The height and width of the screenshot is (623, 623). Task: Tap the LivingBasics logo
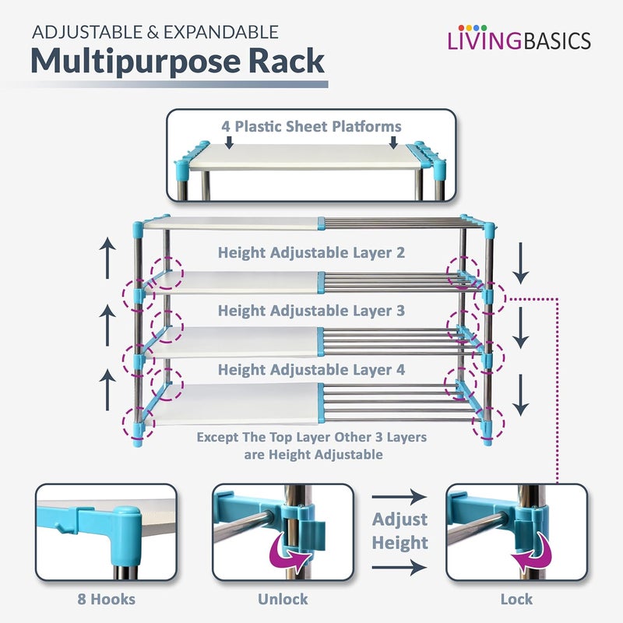tap(519, 38)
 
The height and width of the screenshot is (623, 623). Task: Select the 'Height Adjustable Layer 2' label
tap(311, 252)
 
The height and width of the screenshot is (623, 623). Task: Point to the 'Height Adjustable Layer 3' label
tap(311, 311)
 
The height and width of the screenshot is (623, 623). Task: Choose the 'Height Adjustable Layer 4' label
tap(311, 370)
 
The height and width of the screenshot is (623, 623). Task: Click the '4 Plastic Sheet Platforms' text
tap(311, 126)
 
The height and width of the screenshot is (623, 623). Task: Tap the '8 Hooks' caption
tap(107, 599)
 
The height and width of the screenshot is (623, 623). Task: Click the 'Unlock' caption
tap(283, 599)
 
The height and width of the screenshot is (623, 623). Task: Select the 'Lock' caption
tap(516, 599)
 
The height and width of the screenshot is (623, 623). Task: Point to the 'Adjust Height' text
tap(400, 531)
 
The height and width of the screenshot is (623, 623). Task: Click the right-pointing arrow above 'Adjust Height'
tap(399, 497)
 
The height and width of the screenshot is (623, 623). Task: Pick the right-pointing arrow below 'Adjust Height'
tap(399, 568)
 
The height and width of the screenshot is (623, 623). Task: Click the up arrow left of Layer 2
tap(107, 258)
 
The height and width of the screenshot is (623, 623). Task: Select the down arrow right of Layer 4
tap(520, 395)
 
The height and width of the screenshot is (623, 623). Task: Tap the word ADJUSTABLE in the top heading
tap(87, 32)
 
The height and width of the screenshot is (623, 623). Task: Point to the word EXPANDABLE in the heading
tap(221, 32)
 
